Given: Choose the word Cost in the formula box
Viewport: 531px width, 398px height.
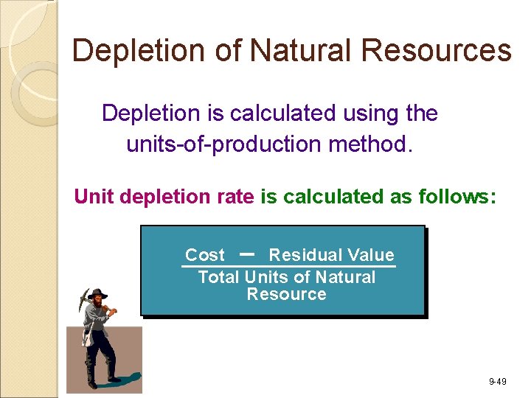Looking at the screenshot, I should click(205, 255).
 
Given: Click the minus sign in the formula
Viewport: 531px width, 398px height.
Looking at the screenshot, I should click(248, 253).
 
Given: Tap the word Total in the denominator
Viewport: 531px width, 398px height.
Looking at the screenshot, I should click(219, 277).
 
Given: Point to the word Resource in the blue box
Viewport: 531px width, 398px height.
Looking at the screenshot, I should click(286, 294).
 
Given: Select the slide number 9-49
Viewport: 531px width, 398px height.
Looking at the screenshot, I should click(497, 382).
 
